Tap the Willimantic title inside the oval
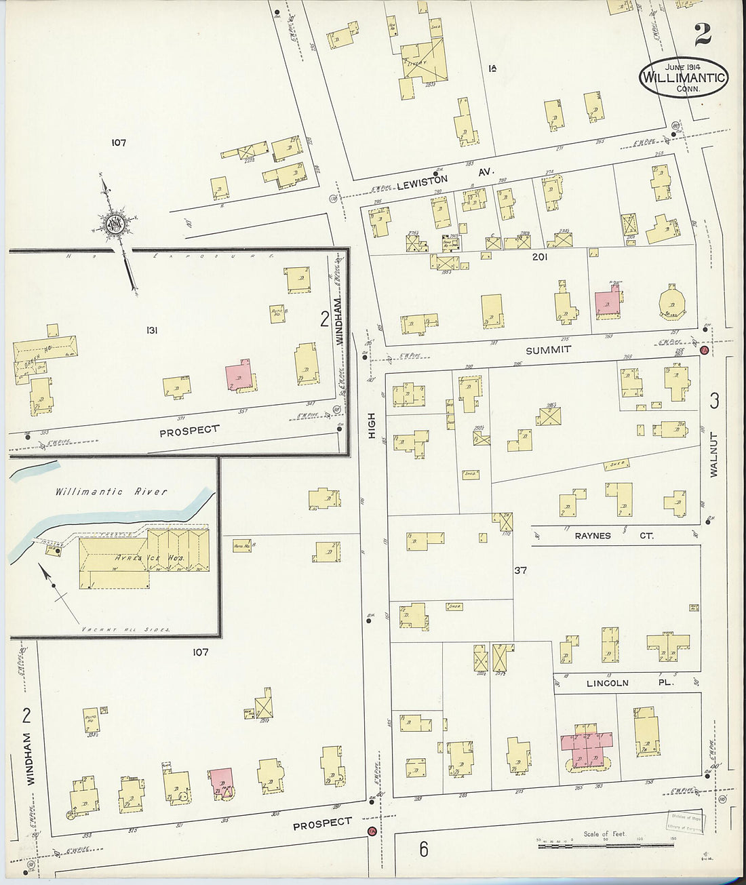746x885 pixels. tap(684, 77)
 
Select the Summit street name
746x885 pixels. tap(549, 349)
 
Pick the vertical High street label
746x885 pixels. tap(372, 425)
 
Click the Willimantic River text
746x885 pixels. tap(111, 492)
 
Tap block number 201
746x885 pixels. tap(539, 257)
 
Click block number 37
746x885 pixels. tap(520, 570)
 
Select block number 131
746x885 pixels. tap(152, 330)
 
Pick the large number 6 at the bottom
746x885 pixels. tap(423, 848)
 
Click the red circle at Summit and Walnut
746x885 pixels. tap(704, 351)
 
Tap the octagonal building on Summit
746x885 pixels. tap(673, 302)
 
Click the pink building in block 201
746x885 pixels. tap(607, 302)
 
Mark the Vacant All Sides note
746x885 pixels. tap(125, 629)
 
